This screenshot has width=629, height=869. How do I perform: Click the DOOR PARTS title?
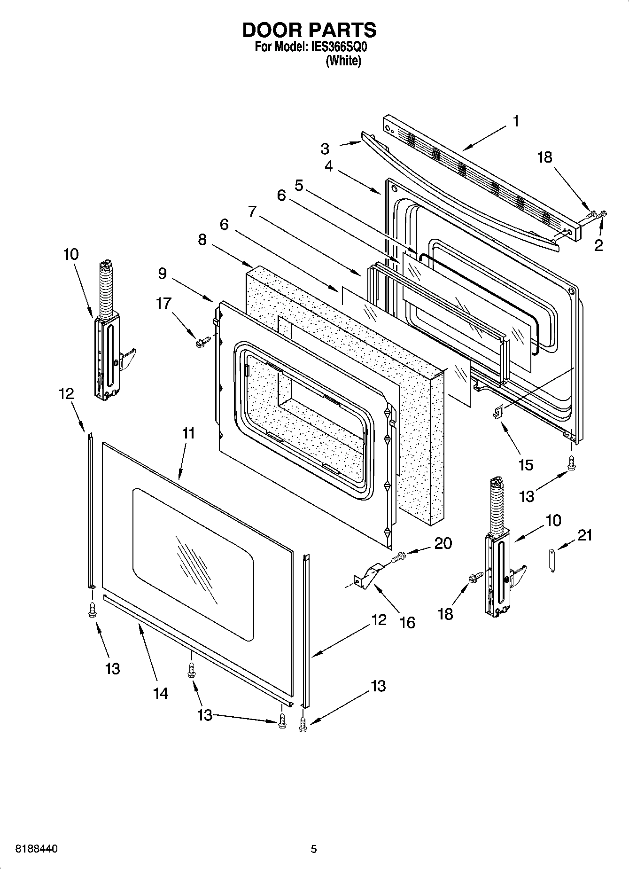click(x=309, y=30)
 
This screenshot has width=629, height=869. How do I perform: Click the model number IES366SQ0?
click(x=338, y=47)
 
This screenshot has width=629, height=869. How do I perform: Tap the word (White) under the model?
click(x=343, y=61)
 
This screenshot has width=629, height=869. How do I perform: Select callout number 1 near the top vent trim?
click(x=515, y=121)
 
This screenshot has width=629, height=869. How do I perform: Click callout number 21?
click(x=584, y=535)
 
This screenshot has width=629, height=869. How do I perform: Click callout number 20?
click(x=443, y=543)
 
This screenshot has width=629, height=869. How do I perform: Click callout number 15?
click(x=526, y=465)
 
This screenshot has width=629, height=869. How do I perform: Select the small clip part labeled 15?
click(x=497, y=412)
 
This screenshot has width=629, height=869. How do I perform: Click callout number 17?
click(x=163, y=304)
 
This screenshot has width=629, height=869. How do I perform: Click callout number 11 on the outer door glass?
click(x=188, y=433)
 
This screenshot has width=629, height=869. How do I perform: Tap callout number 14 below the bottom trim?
click(x=160, y=693)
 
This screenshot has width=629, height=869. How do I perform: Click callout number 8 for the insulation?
click(x=202, y=240)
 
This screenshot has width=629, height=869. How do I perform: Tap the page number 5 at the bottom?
click(x=314, y=849)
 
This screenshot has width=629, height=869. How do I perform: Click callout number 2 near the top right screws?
click(x=598, y=245)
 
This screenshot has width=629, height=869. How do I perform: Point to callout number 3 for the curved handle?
click(x=325, y=149)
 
